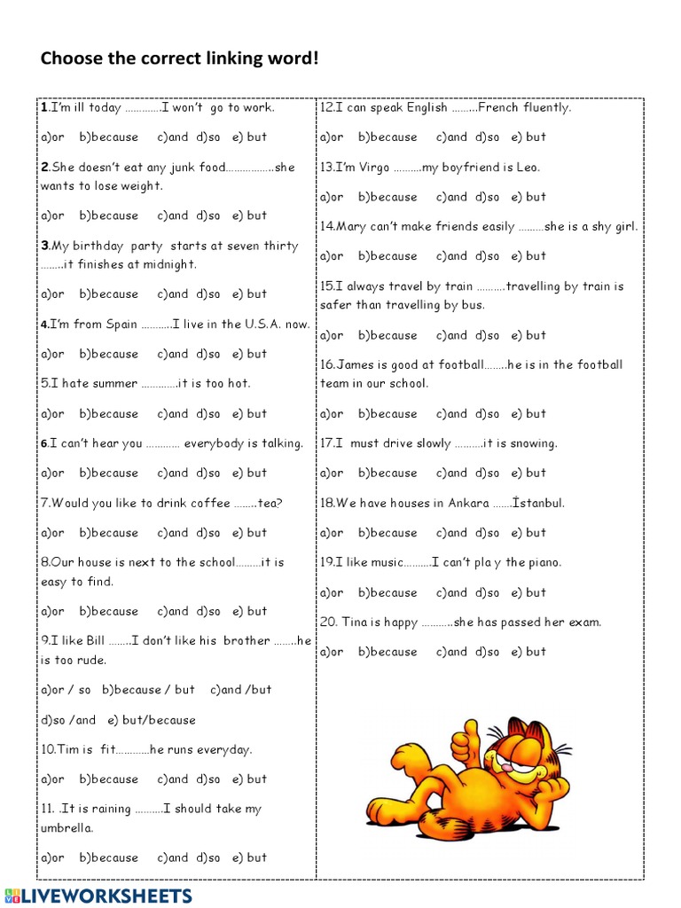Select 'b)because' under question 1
click(x=109, y=137)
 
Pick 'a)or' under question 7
click(x=53, y=533)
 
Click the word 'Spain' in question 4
click(x=121, y=325)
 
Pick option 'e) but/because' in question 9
click(x=152, y=720)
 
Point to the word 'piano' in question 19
click(x=545, y=563)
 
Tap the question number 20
click(x=328, y=622)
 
